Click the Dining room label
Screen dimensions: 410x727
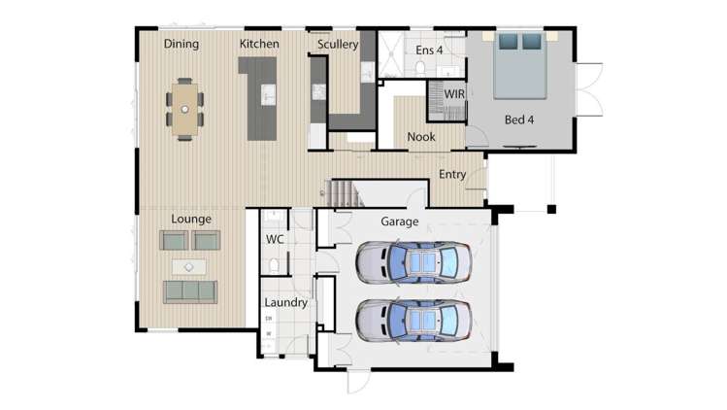[x=182, y=44]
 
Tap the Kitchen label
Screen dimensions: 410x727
[x=259, y=44]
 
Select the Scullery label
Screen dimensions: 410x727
[x=338, y=44]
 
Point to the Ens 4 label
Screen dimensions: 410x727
[x=429, y=49]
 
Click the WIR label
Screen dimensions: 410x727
[x=454, y=94]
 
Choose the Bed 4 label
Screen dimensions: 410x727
[x=519, y=120]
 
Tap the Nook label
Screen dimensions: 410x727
[x=421, y=137]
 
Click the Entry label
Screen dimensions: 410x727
[x=452, y=175]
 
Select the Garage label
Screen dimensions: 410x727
[x=399, y=222]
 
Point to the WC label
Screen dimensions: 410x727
[x=274, y=239]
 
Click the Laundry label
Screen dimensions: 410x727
[x=285, y=302]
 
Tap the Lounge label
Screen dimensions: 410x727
[x=191, y=219]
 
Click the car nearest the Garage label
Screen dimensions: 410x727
[x=413, y=261]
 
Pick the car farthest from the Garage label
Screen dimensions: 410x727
[x=413, y=320]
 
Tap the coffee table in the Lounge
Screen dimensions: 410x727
[x=189, y=265]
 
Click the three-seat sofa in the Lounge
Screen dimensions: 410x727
[x=190, y=290]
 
